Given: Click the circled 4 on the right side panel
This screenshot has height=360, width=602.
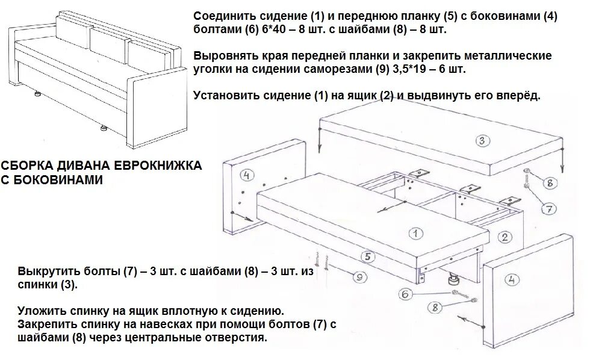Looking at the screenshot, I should (512, 279).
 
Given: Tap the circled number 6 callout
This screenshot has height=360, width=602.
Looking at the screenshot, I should (405, 294).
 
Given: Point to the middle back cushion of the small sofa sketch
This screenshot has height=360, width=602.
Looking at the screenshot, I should (107, 37).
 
